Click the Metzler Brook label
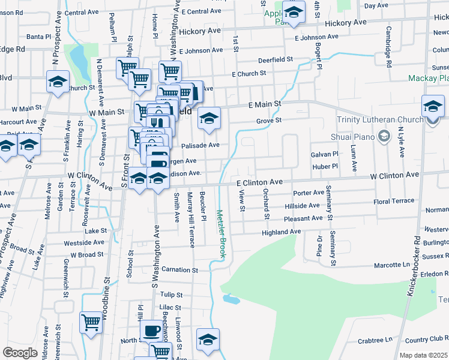tap(220, 233)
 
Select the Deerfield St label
tap(275, 59)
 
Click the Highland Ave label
tap(281, 232)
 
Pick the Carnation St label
tap(175, 269)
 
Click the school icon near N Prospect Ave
tap(58, 82)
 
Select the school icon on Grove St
tap(209, 118)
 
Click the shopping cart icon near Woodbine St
tap(91, 322)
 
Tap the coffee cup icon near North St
tap(151, 331)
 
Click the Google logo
tap(20, 353)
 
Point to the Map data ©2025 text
tap(424, 355)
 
